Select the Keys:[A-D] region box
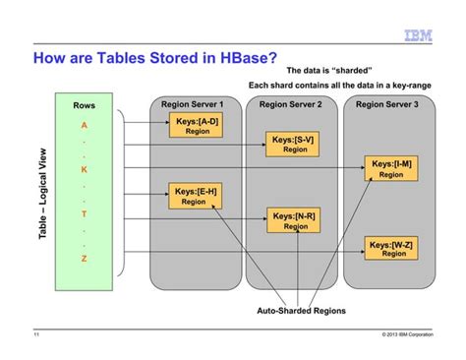click(197, 125)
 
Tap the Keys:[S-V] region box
click(294, 145)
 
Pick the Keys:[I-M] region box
click(391, 168)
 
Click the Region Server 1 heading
click(193, 104)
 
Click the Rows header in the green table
click(84, 105)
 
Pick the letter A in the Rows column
click(84, 126)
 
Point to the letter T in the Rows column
click(84, 213)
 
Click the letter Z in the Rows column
click(84, 258)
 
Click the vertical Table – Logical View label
click(42, 197)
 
